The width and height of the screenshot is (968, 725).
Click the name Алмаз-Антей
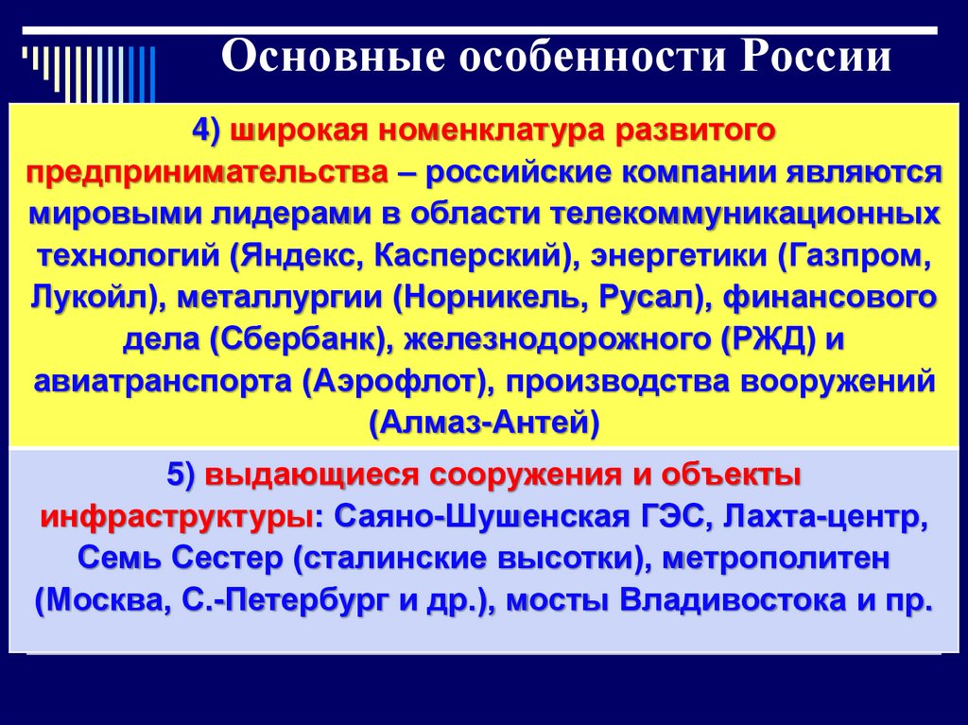(x=484, y=423)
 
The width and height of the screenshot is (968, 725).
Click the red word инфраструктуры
(x=177, y=518)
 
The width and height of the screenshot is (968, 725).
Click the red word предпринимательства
(x=207, y=174)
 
